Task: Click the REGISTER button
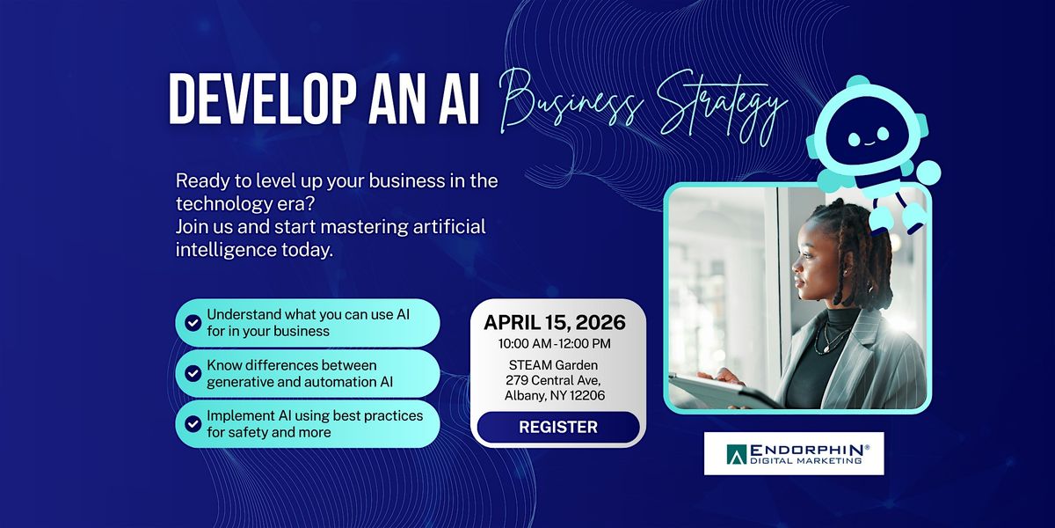tap(558, 427)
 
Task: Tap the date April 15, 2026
tap(555, 322)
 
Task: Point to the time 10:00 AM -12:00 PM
tap(555, 344)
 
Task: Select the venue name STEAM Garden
tap(553, 365)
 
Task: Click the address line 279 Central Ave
tap(553, 380)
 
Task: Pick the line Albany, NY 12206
tap(555, 395)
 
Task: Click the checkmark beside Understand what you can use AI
tap(193, 323)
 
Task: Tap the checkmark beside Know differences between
tap(193, 373)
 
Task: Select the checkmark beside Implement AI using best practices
tap(193, 424)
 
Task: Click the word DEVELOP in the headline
tap(262, 99)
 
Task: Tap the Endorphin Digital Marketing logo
tap(794, 453)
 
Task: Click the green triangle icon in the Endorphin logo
tap(736, 454)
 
